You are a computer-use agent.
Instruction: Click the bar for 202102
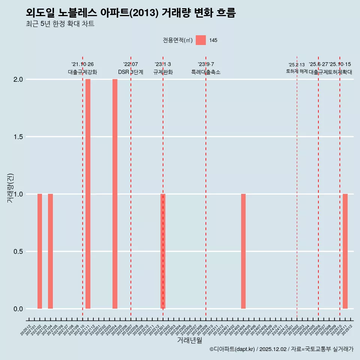[40, 251]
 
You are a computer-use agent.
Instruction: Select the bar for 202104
[50, 251]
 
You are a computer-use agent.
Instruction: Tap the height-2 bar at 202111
[88, 194]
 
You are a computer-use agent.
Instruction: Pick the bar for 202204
[115, 194]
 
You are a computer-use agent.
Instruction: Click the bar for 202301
[163, 251]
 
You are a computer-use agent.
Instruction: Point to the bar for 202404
[243, 251]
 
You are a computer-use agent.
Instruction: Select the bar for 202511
[345, 251]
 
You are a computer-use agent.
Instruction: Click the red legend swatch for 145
[201, 40]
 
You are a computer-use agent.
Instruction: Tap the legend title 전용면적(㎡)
[178, 40]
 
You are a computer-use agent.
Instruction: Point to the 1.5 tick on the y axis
[18, 137]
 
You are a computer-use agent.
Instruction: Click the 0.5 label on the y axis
[18, 252]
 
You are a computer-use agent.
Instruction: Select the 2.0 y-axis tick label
[18, 79]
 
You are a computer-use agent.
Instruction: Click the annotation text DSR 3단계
[130, 72]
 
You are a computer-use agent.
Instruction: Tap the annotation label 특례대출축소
[206, 72]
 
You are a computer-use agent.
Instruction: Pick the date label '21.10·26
[82, 64]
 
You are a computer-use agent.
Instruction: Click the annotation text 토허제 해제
[297, 71]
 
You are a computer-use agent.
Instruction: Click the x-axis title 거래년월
[189, 340]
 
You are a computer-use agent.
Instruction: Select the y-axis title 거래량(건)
[10, 188]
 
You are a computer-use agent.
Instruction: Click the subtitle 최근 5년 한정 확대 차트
[60, 24]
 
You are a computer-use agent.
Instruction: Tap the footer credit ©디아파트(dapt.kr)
[232, 349]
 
